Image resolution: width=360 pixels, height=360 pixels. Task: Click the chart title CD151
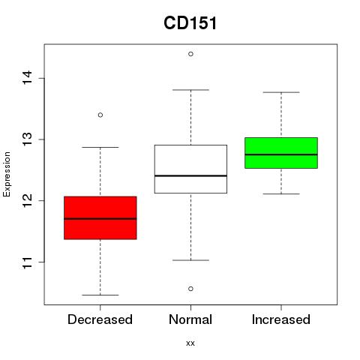[190, 23]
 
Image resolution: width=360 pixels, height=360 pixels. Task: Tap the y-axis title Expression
[7, 174]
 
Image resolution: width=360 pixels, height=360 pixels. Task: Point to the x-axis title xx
[190, 343]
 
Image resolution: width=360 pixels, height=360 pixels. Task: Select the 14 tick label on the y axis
[28, 78]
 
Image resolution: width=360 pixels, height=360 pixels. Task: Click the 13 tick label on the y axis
[28, 139]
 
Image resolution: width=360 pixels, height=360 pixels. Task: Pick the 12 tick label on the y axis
[28, 200]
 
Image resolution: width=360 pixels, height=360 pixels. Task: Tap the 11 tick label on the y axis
[28, 262]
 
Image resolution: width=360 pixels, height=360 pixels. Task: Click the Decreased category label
[100, 319]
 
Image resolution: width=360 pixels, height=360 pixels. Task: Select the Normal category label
[190, 319]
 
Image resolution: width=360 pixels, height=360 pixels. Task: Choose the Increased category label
[281, 319]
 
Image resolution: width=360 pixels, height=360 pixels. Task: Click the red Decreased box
[100, 217]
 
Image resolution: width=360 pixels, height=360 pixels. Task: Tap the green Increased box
[281, 153]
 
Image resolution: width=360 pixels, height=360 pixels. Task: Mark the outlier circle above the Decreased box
[100, 115]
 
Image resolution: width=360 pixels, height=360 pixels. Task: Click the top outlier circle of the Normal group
[190, 54]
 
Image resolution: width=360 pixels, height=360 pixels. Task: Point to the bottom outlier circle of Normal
[190, 289]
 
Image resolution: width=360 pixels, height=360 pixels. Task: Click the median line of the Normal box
[190, 175]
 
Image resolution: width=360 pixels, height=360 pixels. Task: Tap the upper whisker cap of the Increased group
[281, 92]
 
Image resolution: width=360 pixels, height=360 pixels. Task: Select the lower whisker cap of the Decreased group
[100, 295]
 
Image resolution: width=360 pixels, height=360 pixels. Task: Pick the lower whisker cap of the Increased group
[281, 193]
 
